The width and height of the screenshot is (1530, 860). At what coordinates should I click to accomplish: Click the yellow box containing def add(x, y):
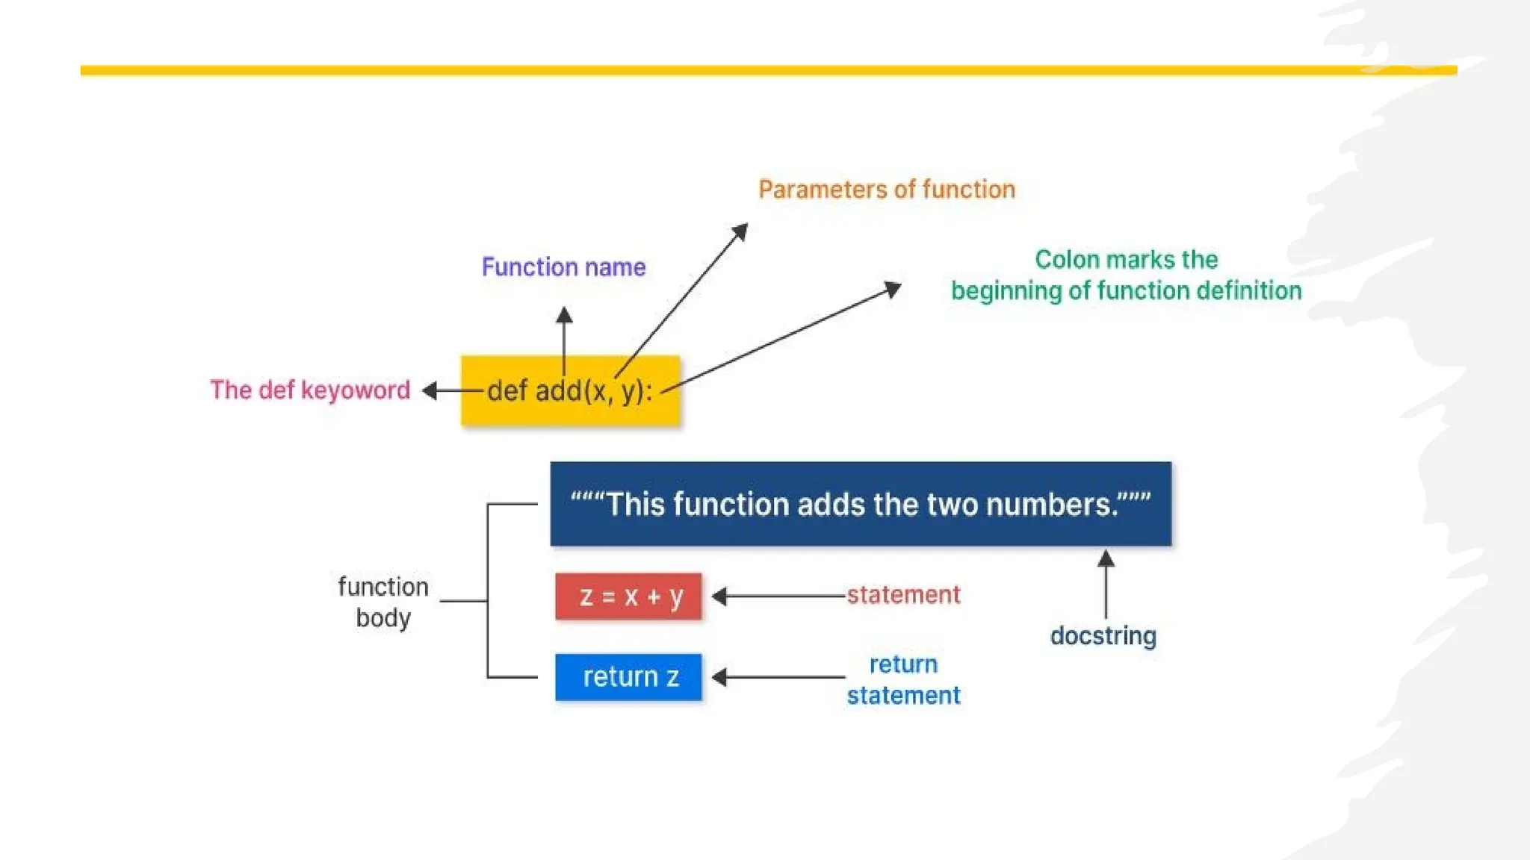coord(570,390)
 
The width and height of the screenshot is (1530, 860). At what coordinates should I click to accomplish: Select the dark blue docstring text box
coord(860,504)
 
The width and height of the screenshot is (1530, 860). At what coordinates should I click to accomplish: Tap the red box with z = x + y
coord(628,596)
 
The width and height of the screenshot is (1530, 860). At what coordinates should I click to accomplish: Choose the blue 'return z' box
coord(628,677)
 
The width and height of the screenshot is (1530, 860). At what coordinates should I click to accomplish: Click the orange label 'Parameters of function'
coord(887,190)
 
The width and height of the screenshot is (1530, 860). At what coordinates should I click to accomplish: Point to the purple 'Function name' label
coord(563,267)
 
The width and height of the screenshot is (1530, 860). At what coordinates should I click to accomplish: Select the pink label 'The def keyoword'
coord(310,390)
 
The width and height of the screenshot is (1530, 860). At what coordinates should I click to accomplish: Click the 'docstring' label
coord(1103,636)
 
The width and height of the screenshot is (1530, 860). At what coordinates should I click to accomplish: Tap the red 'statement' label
coord(903,595)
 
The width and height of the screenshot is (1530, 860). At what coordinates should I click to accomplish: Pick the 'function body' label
coord(382,602)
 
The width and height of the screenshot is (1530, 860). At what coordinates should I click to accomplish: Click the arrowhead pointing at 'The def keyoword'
coord(430,390)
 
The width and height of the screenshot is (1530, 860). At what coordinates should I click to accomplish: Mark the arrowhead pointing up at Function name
coord(564,315)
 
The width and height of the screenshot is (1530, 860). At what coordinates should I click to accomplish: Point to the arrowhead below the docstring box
coord(1106,558)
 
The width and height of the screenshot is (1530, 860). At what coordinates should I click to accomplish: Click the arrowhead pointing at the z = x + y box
coord(719,596)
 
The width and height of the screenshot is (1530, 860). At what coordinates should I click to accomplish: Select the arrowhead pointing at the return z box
coord(719,677)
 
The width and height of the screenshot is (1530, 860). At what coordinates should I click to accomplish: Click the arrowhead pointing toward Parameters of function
coord(740,231)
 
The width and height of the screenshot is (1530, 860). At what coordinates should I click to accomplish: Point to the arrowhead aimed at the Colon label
coord(893,288)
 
